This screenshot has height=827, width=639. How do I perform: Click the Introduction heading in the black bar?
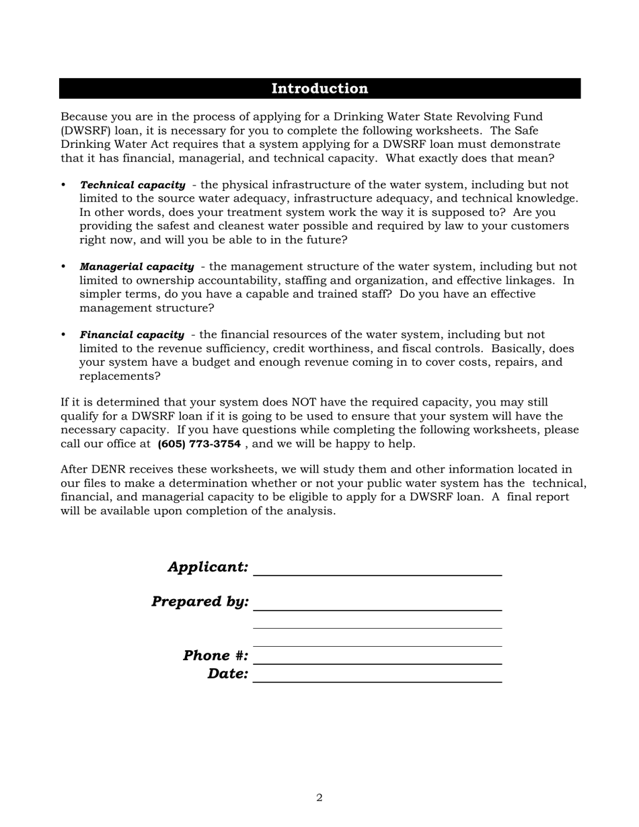319,89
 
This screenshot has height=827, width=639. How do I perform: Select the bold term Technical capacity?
133,185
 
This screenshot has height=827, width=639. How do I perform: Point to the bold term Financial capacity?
132,335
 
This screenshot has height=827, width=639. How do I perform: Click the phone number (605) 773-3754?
199,444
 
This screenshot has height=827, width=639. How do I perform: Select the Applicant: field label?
208,567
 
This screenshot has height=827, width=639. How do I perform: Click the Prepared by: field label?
200,601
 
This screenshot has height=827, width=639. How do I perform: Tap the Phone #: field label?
215,656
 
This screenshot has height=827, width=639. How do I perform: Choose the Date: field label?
227,674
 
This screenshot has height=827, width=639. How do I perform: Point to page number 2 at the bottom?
319,798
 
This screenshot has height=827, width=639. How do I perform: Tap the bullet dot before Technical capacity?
64,185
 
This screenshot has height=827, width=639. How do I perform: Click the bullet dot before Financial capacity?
64,335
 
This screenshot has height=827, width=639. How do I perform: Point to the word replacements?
120,377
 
